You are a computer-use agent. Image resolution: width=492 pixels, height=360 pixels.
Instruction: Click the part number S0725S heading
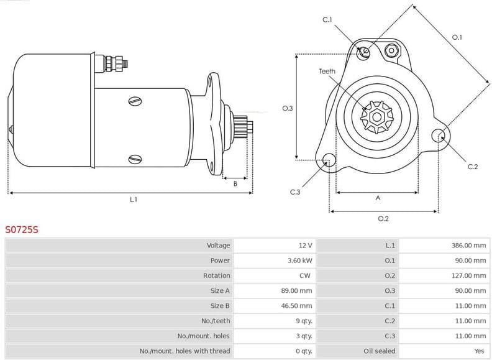coord(22,229)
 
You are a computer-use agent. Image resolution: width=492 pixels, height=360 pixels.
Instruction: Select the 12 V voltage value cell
coord(304,246)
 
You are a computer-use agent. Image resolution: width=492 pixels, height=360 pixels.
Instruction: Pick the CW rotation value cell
coord(306,275)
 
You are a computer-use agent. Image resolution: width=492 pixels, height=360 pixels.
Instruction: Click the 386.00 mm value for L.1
coord(468,246)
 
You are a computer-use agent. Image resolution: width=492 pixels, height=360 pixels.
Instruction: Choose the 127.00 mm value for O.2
coord(468,275)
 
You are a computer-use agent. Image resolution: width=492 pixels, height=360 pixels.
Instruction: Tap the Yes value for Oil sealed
coord(479,351)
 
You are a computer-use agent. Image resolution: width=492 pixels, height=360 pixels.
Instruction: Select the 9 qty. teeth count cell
coord(303,321)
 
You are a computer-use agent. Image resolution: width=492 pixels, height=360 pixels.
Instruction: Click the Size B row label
coord(220,306)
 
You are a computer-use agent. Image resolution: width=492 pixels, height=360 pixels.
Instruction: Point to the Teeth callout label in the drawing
coord(327,72)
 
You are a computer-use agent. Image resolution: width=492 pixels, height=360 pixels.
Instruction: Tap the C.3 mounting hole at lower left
coord(328,161)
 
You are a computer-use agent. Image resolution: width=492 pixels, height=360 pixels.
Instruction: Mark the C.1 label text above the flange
coord(327,21)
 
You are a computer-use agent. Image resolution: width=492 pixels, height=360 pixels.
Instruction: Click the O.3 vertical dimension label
coord(287,108)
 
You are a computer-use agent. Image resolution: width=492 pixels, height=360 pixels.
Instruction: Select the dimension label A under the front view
coord(378,198)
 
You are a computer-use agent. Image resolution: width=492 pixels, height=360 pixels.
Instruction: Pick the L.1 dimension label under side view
coord(133,199)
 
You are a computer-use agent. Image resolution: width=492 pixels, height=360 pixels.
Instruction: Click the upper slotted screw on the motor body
coord(134,101)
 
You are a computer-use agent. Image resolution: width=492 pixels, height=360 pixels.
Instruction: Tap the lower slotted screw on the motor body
coord(134,159)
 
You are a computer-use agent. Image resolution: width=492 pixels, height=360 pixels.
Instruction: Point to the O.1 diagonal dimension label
coord(457,37)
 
